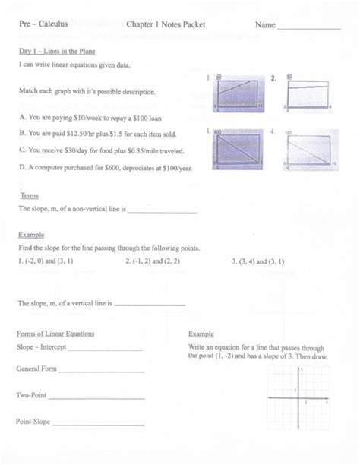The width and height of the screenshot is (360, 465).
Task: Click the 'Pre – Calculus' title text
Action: (43, 24)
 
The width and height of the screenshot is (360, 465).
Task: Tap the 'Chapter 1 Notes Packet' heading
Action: (166, 24)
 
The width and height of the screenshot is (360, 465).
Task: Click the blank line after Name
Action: (309, 27)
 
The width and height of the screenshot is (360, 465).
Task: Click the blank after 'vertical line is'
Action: (149, 305)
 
